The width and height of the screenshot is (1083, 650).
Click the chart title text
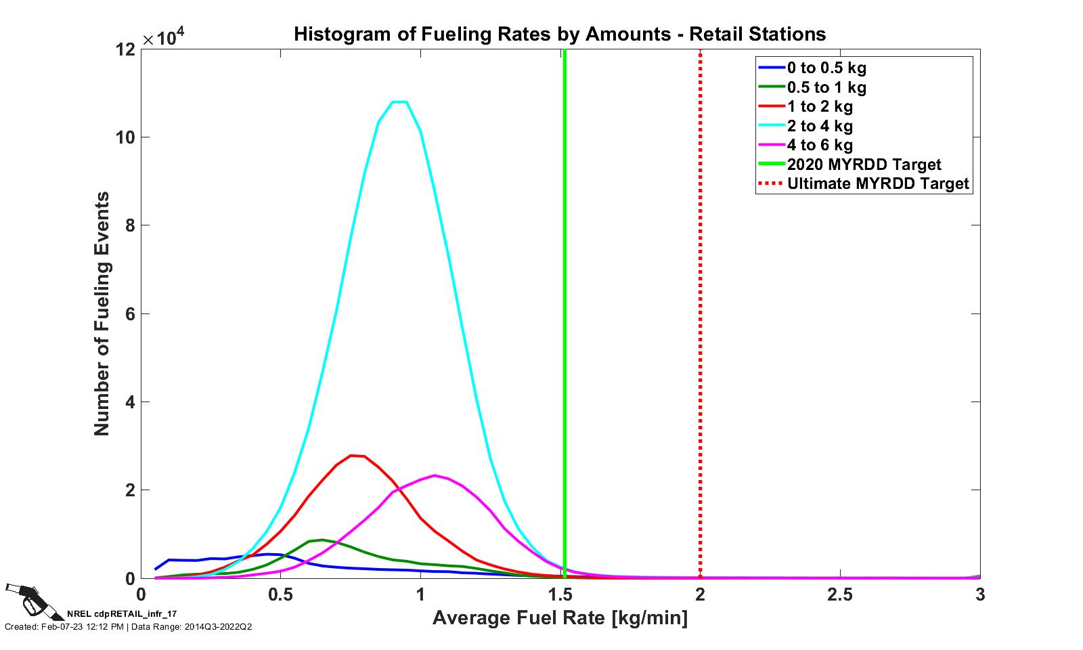(x=559, y=34)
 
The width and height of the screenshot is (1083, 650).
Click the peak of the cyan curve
(x=399, y=102)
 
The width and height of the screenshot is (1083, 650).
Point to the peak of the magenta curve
(x=435, y=475)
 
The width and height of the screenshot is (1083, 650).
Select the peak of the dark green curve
(x=322, y=540)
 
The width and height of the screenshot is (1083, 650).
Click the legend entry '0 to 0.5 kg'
(x=826, y=68)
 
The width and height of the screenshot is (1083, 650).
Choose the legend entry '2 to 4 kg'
(x=820, y=126)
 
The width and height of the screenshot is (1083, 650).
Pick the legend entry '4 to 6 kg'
(x=820, y=145)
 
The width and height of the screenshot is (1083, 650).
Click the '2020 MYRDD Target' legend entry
(x=864, y=165)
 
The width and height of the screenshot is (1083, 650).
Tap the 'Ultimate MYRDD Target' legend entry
(x=877, y=183)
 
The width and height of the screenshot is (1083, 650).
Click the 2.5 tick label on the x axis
(x=840, y=594)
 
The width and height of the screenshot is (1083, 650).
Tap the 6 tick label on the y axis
(x=130, y=314)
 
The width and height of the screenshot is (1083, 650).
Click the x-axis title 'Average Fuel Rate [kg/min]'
(x=560, y=617)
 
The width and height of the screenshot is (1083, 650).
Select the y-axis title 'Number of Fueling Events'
(x=102, y=313)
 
